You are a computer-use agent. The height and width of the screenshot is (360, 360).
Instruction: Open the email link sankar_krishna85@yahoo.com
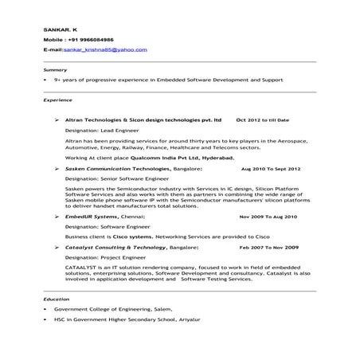[109, 49]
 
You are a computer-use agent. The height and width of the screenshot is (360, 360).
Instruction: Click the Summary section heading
[55, 69]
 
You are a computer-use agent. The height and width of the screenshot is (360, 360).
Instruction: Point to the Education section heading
[57, 298]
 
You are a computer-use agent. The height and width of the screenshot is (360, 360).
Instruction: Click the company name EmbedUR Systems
[91, 216]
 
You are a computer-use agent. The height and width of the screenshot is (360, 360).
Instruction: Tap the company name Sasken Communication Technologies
[118, 169]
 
